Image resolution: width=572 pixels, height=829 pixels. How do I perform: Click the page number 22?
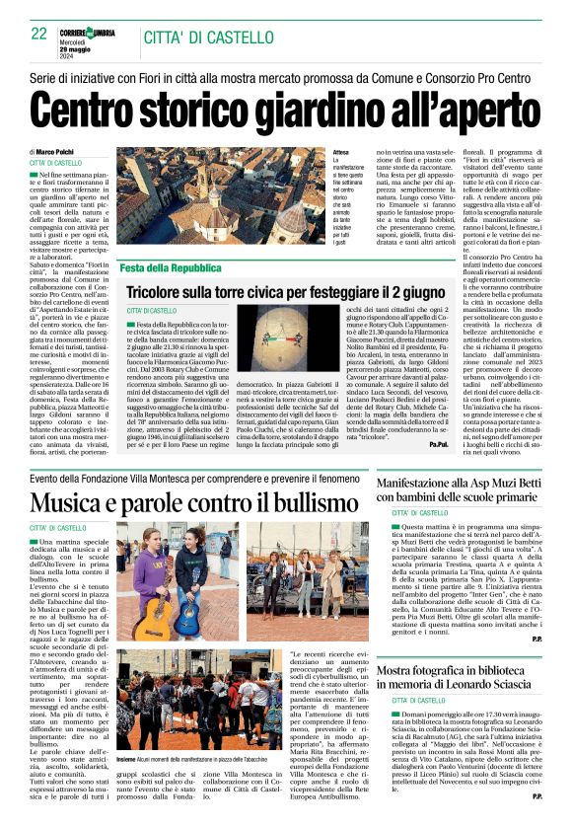[x=39, y=34]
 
